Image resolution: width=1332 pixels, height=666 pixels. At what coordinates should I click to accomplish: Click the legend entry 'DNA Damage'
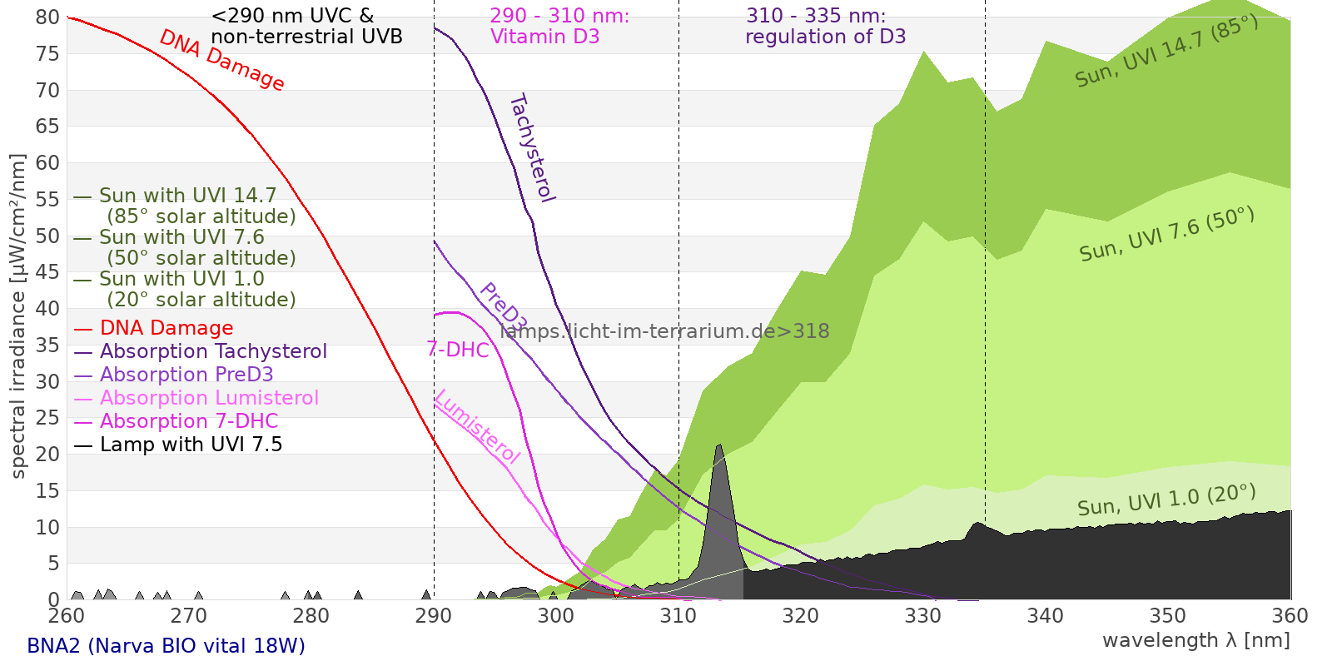(166, 328)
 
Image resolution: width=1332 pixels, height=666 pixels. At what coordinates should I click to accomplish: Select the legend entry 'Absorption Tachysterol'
(213, 351)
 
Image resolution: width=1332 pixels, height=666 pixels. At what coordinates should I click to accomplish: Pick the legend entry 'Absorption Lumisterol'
(209, 398)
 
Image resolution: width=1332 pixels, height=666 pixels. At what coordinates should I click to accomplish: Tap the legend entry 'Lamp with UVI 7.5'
(191, 445)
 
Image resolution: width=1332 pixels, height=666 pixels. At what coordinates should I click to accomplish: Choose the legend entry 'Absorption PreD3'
(186, 375)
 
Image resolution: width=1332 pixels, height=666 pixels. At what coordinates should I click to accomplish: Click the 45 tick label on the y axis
(48, 272)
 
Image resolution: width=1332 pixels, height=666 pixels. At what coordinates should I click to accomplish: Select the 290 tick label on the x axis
(434, 616)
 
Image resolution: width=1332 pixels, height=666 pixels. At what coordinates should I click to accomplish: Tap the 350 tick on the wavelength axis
(1168, 616)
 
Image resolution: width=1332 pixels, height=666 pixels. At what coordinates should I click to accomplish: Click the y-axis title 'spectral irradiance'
(18, 316)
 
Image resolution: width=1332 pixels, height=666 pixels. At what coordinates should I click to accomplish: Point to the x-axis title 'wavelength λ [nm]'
(1195, 640)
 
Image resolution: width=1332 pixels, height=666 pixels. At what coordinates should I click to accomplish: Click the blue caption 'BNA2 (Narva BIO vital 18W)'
(166, 646)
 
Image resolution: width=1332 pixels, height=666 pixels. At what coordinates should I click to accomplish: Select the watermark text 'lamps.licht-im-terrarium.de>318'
(664, 331)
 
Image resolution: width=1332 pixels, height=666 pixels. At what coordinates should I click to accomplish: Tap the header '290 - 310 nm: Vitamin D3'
(559, 27)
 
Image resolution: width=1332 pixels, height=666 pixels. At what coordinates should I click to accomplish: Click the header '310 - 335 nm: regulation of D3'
(825, 27)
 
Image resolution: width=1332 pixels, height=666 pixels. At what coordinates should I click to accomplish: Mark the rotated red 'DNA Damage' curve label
(221, 60)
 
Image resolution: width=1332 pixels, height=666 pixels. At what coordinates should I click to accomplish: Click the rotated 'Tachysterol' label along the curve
(532, 148)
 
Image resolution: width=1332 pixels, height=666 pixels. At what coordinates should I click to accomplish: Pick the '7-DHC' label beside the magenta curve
(458, 350)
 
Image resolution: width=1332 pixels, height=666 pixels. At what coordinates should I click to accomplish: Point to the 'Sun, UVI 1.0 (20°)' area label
(1166, 500)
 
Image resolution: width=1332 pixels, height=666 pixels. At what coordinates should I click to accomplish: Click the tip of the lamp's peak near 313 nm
(719, 445)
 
